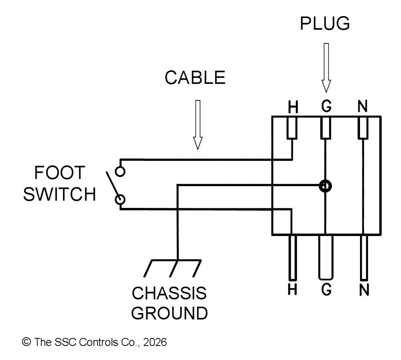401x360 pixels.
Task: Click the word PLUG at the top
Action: tap(325, 24)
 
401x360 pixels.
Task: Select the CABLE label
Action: tap(195, 77)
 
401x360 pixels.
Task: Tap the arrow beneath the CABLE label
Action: tap(197, 124)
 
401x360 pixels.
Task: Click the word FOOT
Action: tap(59, 173)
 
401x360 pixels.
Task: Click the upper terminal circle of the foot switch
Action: tap(120, 172)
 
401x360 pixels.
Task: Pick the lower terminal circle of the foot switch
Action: tap(120, 199)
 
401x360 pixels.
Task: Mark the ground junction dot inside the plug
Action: tap(325, 186)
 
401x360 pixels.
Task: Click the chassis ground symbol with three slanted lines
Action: tap(173, 268)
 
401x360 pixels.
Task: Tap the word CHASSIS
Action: tap(169, 293)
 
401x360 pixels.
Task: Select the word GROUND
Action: tap(169, 313)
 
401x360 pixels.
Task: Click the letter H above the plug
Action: tap(293, 107)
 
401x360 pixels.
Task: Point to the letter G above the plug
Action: tap(326, 106)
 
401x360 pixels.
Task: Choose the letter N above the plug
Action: tap(363, 107)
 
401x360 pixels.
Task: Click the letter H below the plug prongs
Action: tap(293, 289)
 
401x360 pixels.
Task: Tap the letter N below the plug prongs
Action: tap(364, 289)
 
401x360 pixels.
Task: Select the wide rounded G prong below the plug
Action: tap(326, 257)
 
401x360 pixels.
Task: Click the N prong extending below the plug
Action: tap(364, 257)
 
